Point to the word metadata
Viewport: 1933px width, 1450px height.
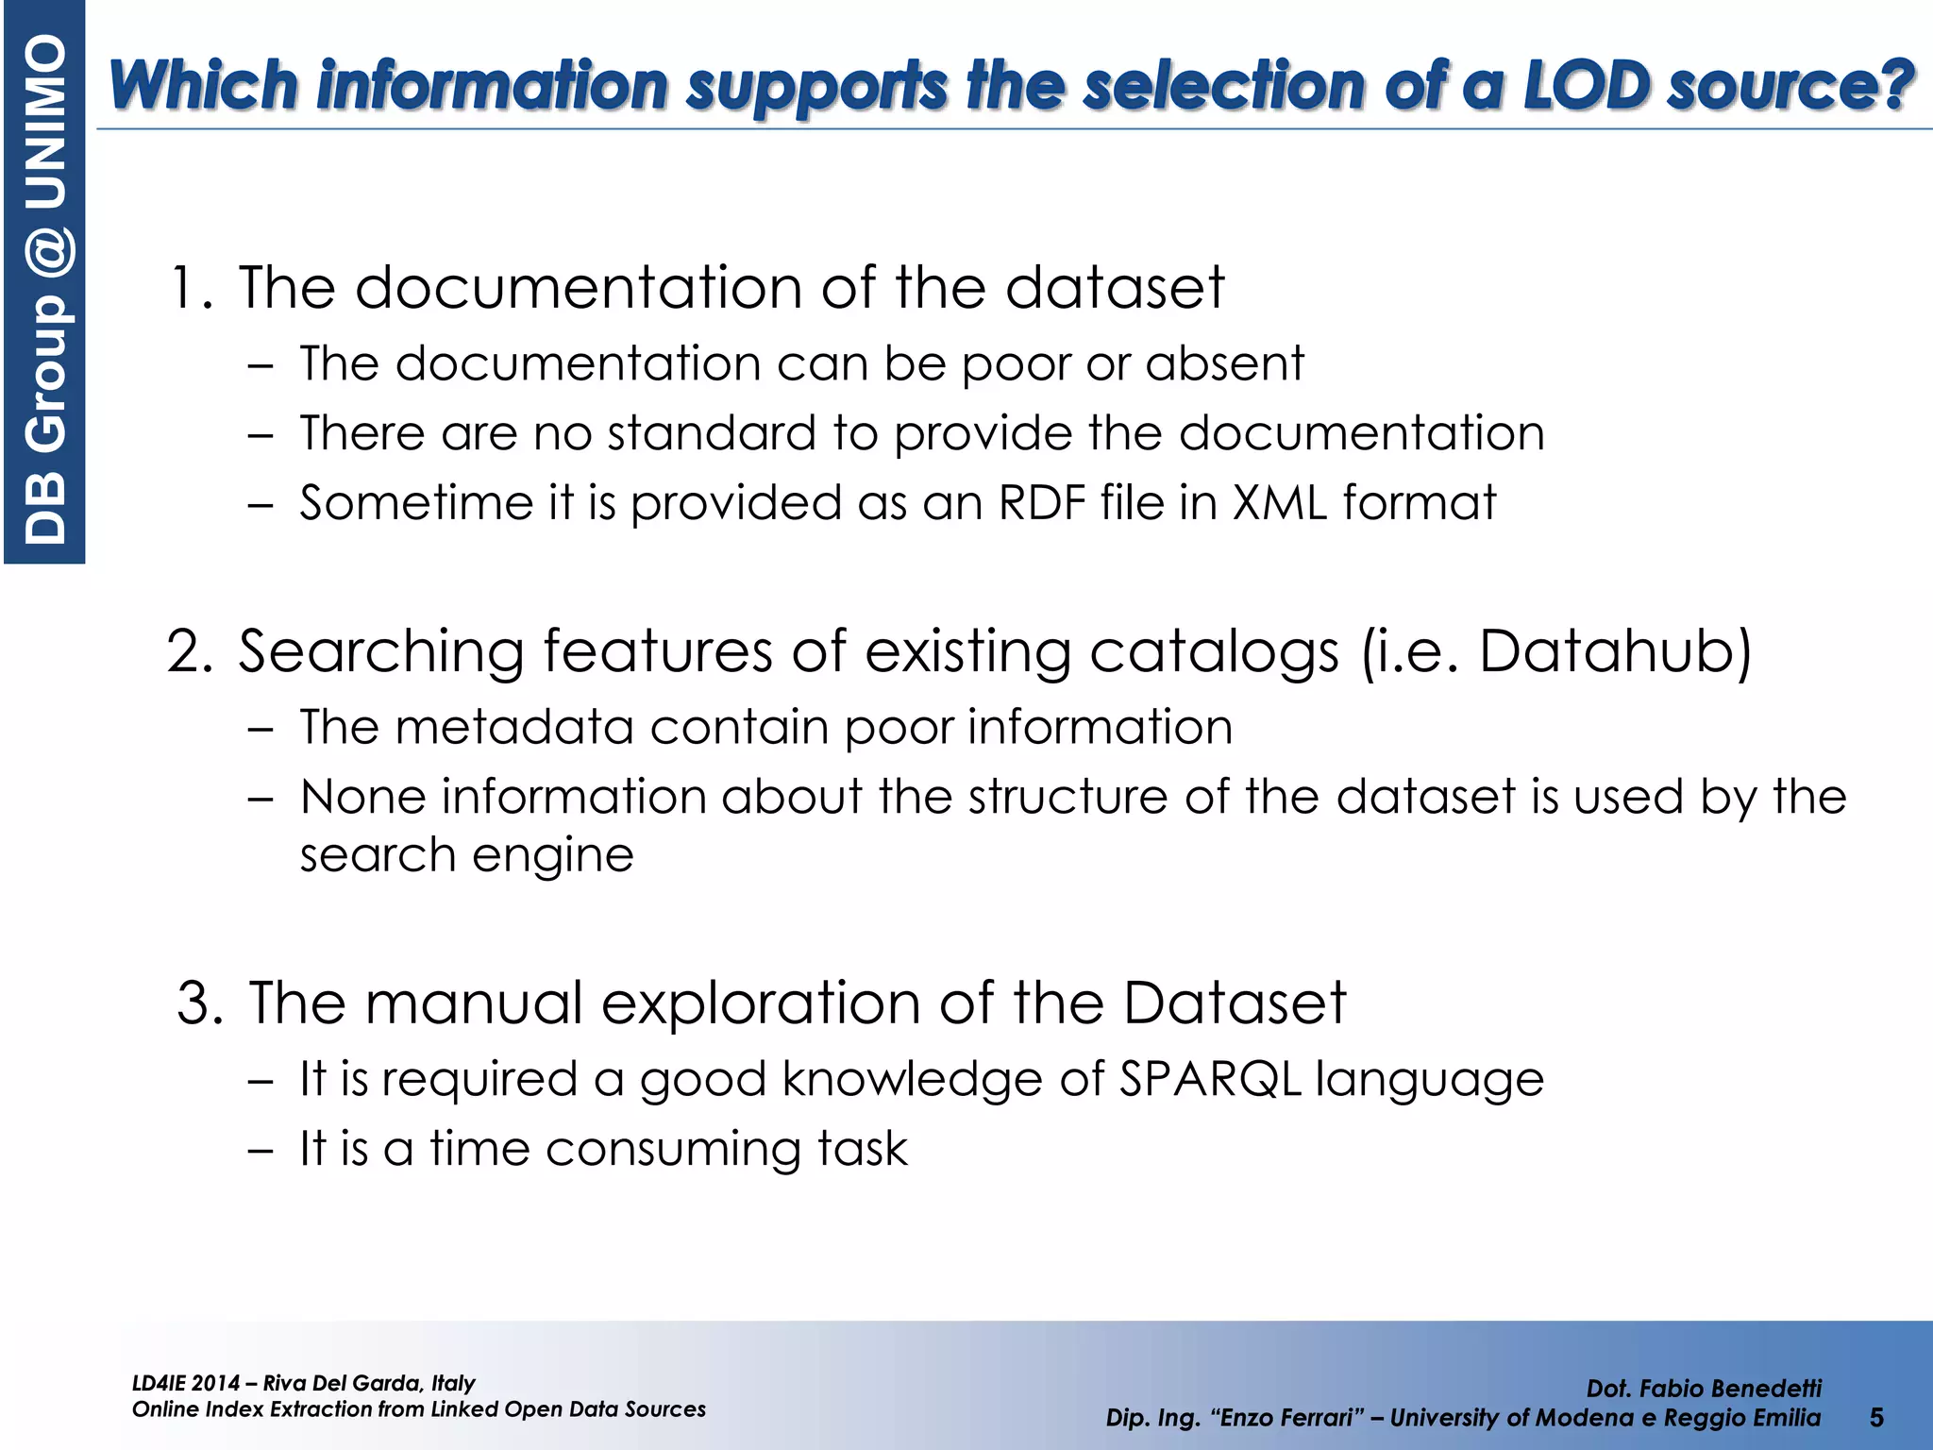pos(513,727)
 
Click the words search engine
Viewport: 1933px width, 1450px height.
pos(466,855)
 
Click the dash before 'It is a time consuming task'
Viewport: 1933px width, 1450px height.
pos(260,1151)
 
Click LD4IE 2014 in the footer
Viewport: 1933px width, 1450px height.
pos(186,1384)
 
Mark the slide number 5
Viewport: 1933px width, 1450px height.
pos(1876,1417)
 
